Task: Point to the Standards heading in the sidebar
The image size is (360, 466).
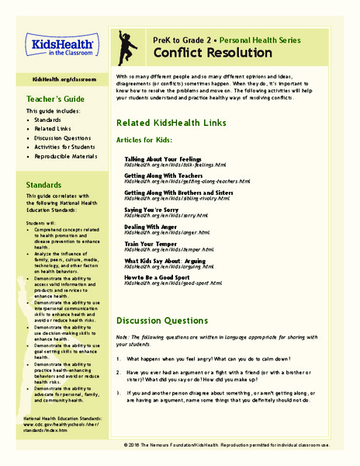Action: (43, 186)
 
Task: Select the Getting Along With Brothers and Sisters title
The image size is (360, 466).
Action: (178, 193)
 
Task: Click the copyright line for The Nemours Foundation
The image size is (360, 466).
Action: (237, 446)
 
